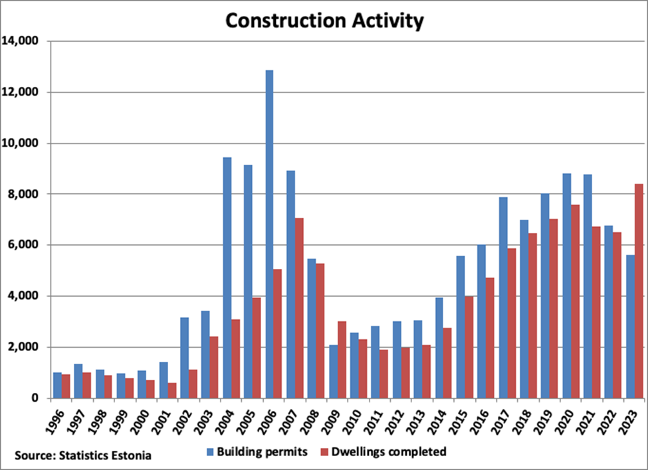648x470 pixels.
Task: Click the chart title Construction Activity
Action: [x=324, y=21]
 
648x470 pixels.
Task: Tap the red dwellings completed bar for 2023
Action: [x=638, y=291]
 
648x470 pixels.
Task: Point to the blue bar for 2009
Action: [x=333, y=371]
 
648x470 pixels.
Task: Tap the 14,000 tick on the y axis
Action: [x=24, y=41]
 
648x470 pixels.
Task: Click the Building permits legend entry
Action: [x=257, y=452]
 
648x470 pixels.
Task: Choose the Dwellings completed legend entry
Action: [x=389, y=452]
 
